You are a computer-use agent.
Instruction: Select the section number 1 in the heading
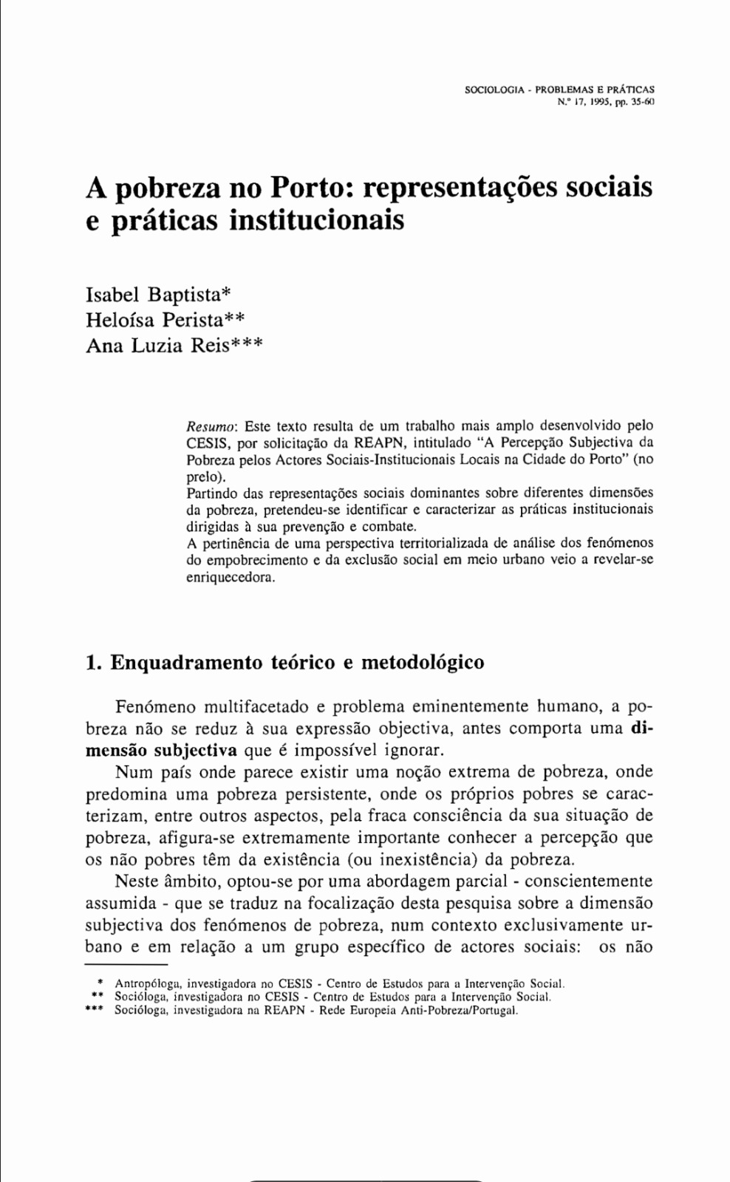92,662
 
